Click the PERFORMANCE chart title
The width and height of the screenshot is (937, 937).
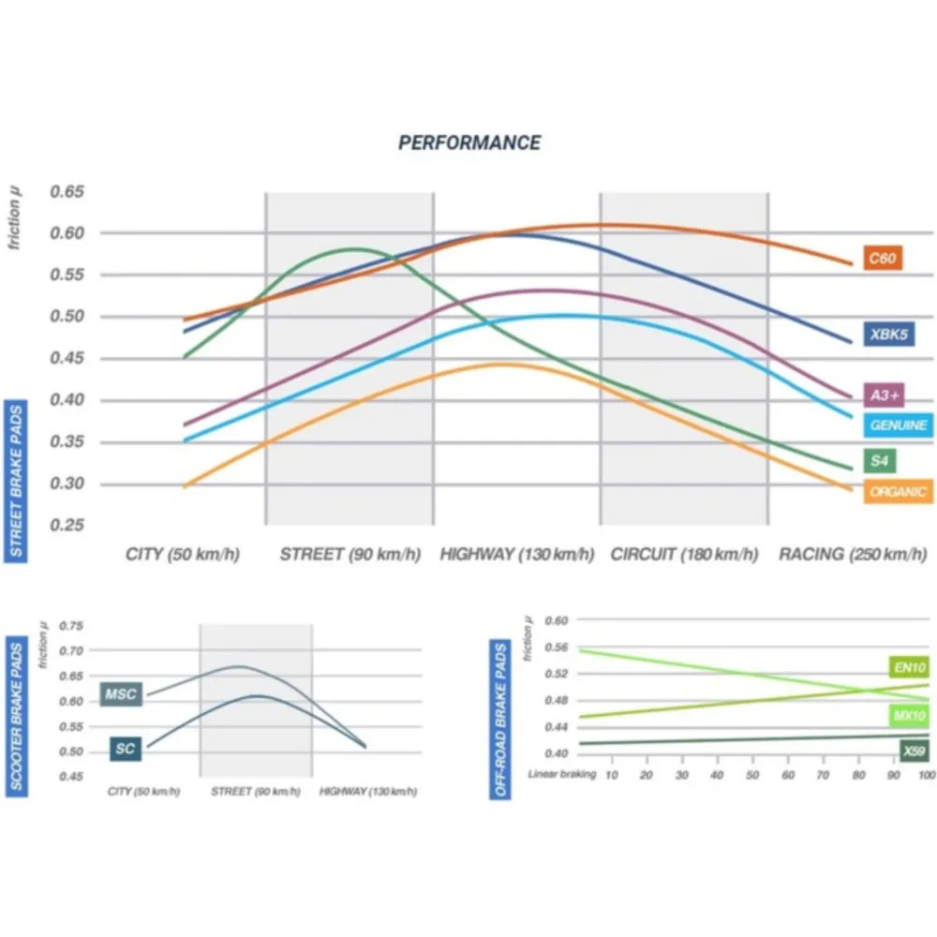tap(469, 142)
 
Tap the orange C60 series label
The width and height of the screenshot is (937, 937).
tap(883, 259)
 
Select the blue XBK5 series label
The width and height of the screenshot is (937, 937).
tap(888, 335)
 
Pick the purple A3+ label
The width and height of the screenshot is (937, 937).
tap(884, 395)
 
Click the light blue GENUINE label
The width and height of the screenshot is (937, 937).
tap(899, 424)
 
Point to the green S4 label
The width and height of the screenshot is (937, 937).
tap(880, 461)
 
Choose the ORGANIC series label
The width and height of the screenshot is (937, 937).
tap(899, 491)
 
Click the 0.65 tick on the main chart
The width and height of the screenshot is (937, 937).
tap(67, 192)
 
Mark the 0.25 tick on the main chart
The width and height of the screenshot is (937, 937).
tap(67, 526)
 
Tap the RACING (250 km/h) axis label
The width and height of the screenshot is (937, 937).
tap(853, 555)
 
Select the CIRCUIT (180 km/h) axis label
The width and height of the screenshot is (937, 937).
tap(684, 555)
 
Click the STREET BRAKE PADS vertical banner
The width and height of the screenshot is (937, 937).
tap(16, 481)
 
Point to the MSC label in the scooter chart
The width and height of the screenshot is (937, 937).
tap(121, 694)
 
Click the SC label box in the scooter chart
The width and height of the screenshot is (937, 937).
tap(126, 749)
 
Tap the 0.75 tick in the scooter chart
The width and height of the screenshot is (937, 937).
tap(71, 626)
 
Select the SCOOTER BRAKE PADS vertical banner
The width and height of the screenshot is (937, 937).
tap(16, 717)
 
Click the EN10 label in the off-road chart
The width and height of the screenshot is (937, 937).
tap(909, 667)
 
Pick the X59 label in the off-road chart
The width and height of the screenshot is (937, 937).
tap(915, 751)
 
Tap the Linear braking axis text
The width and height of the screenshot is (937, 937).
tap(561, 775)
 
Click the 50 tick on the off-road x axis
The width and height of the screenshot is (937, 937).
tap(751, 775)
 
